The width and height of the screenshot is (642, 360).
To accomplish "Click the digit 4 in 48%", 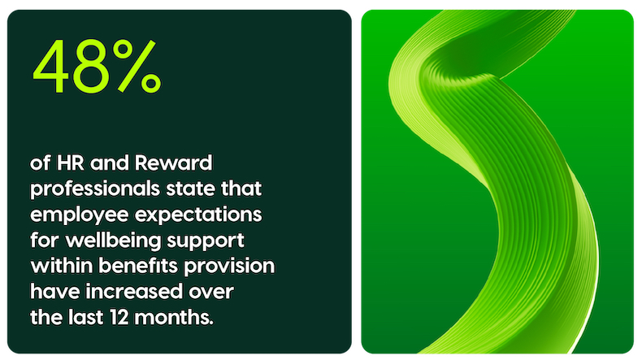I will coord(52,66).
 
